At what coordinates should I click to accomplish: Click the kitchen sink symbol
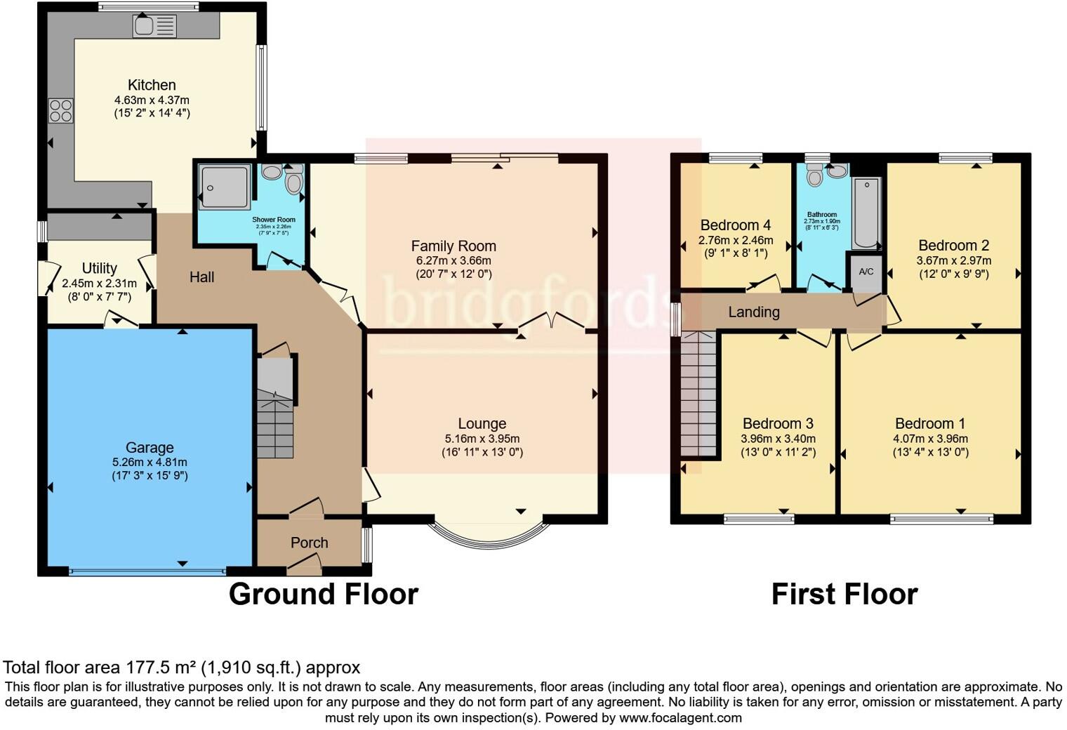[x=154, y=27]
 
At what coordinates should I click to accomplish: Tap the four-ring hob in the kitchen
[x=60, y=111]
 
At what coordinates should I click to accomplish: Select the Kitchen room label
[x=152, y=85]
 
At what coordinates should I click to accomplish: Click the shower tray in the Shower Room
[x=224, y=187]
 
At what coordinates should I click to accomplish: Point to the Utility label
[x=99, y=268]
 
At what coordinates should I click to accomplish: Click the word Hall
[x=201, y=277]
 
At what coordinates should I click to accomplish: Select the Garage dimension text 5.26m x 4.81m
[x=150, y=462]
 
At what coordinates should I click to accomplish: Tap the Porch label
[x=309, y=543]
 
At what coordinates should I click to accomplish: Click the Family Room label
[x=453, y=246]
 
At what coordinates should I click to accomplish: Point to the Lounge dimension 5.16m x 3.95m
[x=482, y=439]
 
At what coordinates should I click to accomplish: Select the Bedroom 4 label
[x=735, y=225]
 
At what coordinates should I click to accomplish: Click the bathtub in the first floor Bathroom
[x=867, y=213]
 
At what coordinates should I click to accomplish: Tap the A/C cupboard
[x=866, y=272]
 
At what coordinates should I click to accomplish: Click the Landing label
[x=753, y=312]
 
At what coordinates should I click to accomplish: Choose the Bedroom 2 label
[x=953, y=245]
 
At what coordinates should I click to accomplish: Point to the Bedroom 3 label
[x=778, y=423]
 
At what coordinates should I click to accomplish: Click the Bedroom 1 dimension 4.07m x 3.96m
[x=930, y=439]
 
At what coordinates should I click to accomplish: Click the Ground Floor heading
[x=324, y=594]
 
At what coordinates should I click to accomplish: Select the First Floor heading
[x=844, y=594]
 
